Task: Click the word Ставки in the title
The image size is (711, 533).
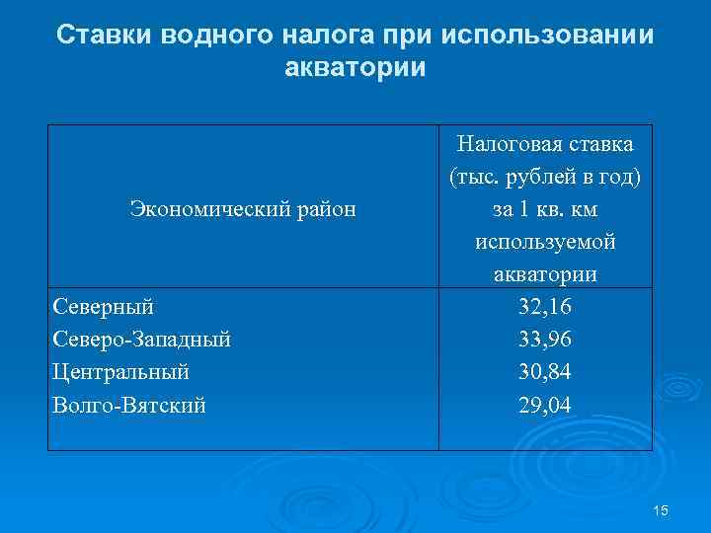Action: pos(96,36)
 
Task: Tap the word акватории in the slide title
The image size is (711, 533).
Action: pos(355,68)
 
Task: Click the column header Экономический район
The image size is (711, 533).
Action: pos(243,208)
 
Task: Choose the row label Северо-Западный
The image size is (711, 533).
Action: pos(141,340)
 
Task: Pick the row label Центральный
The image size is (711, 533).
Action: pos(119,372)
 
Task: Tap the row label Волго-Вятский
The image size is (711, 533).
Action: pos(129,405)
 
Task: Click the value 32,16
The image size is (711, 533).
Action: pos(545,307)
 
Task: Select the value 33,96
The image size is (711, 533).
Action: pos(545,340)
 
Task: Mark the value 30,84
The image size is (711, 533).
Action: pos(545,372)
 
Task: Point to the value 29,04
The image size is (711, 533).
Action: pos(545,405)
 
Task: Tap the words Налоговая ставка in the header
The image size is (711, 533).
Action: pos(545,144)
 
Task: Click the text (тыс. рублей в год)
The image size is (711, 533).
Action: pos(545,177)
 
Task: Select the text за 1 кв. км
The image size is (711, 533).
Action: pos(545,209)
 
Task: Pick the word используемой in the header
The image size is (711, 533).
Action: pos(545,242)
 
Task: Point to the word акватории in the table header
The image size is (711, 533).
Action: pos(545,273)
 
